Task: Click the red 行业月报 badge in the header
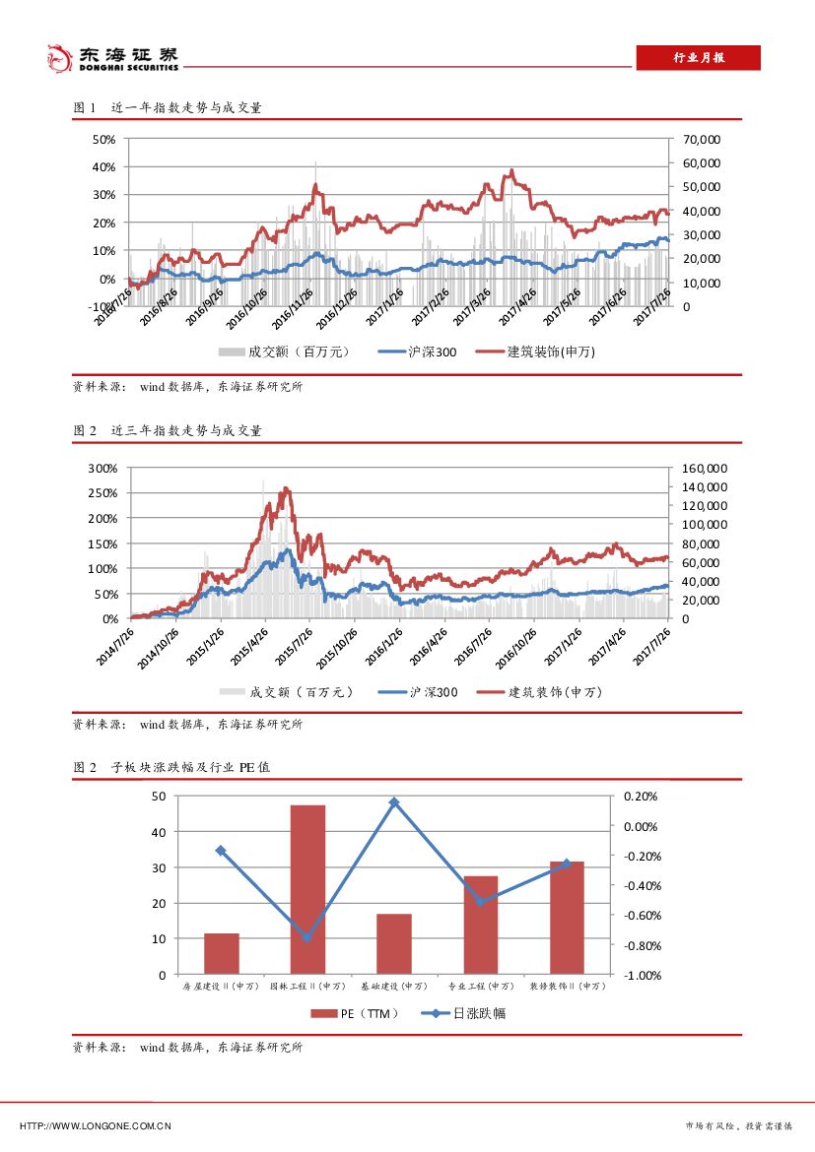(x=698, y=58)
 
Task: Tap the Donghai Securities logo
(x=114, y=58)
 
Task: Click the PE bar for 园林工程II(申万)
(x=307, y=889)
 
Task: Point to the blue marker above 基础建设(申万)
(x=393, y=802)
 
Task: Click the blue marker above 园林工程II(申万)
(x=307, y=937)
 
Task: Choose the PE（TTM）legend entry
(x=355, y=1012)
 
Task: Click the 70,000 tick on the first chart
(x=701, y=139)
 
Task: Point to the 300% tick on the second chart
(x=103, y=468)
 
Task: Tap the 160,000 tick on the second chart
(x=704, y=468)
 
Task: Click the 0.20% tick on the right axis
(x=641, y=797)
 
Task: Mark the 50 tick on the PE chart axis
(x=159, y=797)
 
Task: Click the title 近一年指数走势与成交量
(x=186, y=108)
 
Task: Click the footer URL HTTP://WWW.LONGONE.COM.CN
(x=97, y=1125)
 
